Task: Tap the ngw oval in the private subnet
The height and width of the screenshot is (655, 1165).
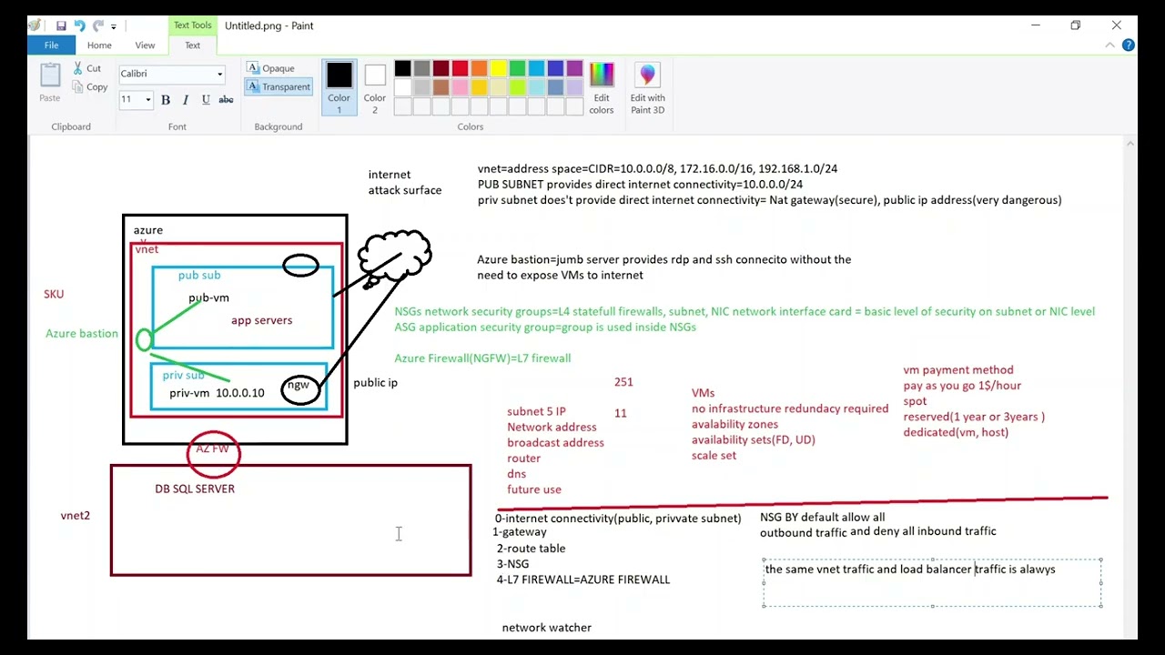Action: tap(282, 390)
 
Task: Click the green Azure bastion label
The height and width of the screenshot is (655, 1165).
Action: tap(82, 333)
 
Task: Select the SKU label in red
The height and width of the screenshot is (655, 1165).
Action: tap(54, 294)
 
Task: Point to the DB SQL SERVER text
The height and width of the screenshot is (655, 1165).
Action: tap(195, 489)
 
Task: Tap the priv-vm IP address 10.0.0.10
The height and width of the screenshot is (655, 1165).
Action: tap(239, 392)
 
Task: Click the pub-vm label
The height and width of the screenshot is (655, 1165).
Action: tap(208, 297)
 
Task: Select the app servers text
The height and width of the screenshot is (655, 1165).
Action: tap(261, 320)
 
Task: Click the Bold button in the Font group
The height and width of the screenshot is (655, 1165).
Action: tap(166, 100)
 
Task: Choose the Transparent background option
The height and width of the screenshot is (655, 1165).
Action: tap(279, 86)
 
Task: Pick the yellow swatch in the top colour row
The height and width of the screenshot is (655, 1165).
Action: tap(498, 68)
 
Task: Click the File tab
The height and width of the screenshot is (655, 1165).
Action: tap(51, 45)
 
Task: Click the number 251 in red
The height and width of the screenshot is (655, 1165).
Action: tap(623, 382)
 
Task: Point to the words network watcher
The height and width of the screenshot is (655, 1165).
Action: tap(547, 628)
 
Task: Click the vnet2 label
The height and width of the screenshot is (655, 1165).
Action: tap(76, 515)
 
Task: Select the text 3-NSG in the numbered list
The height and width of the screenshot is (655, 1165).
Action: tap(512, 564)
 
